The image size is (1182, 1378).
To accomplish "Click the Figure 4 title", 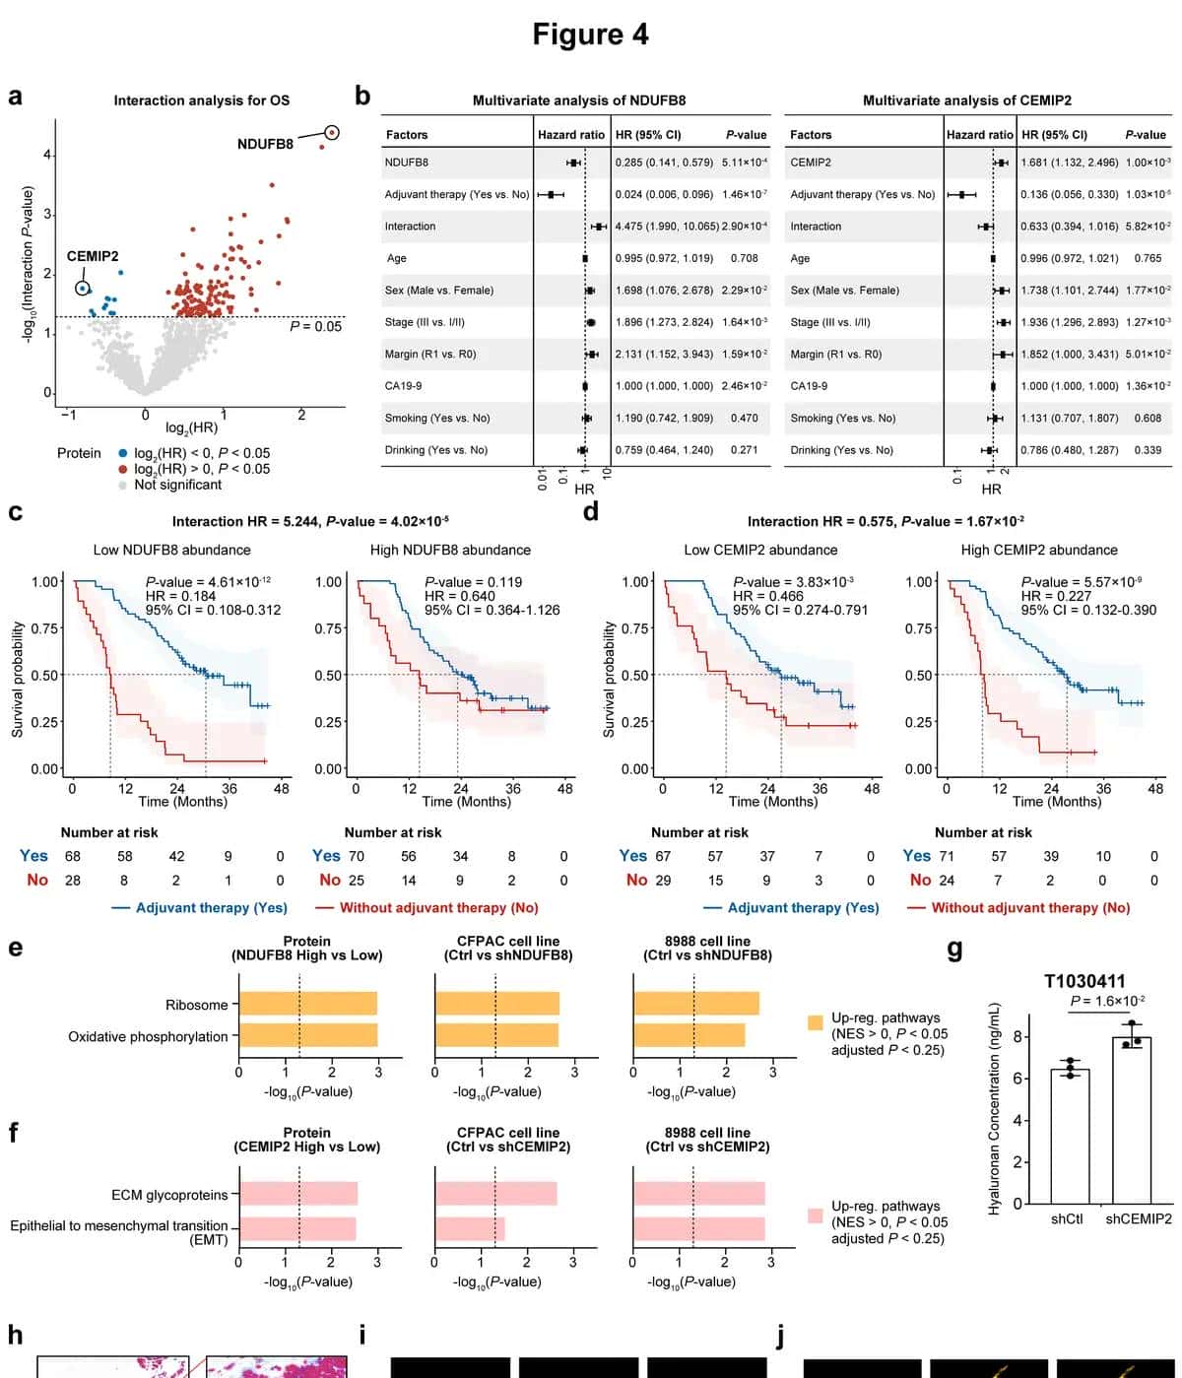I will (590, 34).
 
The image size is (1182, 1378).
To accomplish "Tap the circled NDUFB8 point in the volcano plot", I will (332, 132).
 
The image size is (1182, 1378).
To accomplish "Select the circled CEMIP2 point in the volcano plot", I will (83, 288).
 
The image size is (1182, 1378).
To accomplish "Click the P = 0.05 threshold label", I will (315, 327).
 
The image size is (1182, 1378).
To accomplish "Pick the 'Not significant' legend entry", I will (177, 485).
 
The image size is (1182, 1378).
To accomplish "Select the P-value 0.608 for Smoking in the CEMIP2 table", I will (1148, 418).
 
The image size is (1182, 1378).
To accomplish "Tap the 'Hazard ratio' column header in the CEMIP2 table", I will (979, 135).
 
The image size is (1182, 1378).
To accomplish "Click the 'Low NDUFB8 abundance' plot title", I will (171, 550).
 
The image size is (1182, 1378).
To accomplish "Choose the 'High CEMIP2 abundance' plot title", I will (1039, 550).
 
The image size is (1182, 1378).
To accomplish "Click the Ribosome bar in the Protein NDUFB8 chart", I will (307, 1004).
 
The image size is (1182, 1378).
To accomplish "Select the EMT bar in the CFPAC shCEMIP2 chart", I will (469, 1228).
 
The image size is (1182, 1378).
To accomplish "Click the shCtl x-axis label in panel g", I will (1067, 1218).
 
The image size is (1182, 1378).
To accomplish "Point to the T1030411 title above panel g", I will (1084, 981).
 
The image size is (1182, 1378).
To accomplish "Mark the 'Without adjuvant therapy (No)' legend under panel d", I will (1029, 907).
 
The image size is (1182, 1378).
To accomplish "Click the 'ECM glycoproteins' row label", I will (169, 1195).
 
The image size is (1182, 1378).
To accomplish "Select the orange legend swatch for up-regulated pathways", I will (815, 1022).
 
